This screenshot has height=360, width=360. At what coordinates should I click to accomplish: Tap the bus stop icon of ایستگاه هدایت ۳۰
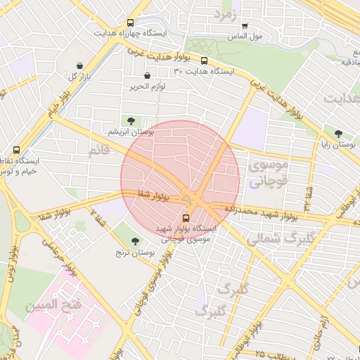(204, 61)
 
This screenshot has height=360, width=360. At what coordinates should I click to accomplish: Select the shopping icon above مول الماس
(244, 25)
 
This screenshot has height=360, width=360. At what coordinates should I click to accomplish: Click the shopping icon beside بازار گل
(79, 65)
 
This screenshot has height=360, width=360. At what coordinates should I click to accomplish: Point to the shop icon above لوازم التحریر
(146, 76)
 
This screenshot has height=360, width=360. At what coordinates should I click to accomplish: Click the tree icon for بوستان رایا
(339, 133)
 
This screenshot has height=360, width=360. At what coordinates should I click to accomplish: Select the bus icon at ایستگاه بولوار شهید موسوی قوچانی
(186, 218)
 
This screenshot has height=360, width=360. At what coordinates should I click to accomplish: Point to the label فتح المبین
(53, 307)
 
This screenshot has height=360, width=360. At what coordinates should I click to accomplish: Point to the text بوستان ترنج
(127, 252)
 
